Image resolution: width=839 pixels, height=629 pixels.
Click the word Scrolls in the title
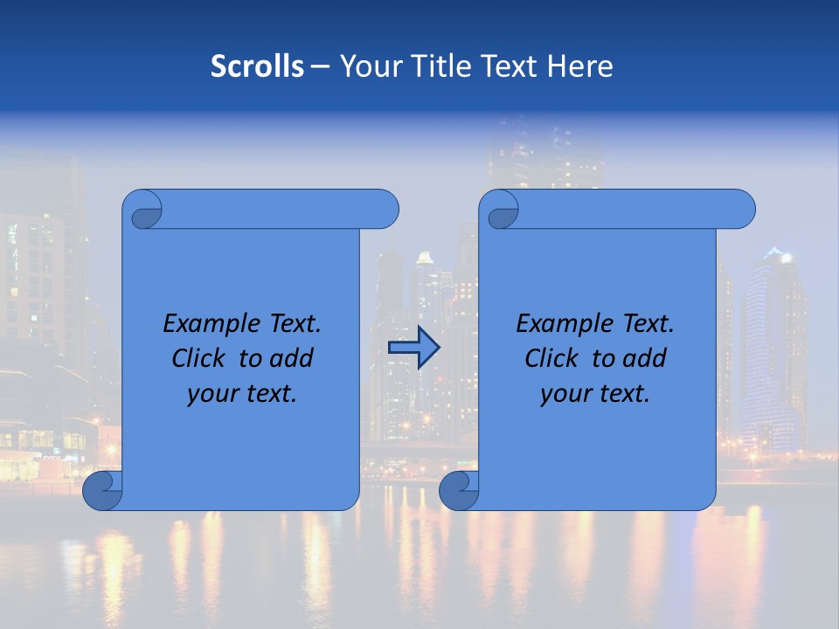tap(257, 66)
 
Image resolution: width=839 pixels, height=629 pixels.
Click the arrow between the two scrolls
tap(413, 348)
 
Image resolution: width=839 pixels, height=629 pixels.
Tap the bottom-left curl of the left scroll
tap(102, 491)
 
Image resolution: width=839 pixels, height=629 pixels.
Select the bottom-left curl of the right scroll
tap(459, 491)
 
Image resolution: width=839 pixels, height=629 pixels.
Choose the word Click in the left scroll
tap(200, 358)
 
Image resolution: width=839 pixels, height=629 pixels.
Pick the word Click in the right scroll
tap(552, 358)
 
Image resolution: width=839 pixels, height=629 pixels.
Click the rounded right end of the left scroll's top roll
tap(385, 210)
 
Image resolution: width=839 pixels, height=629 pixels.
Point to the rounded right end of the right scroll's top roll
tap(742, 210)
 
